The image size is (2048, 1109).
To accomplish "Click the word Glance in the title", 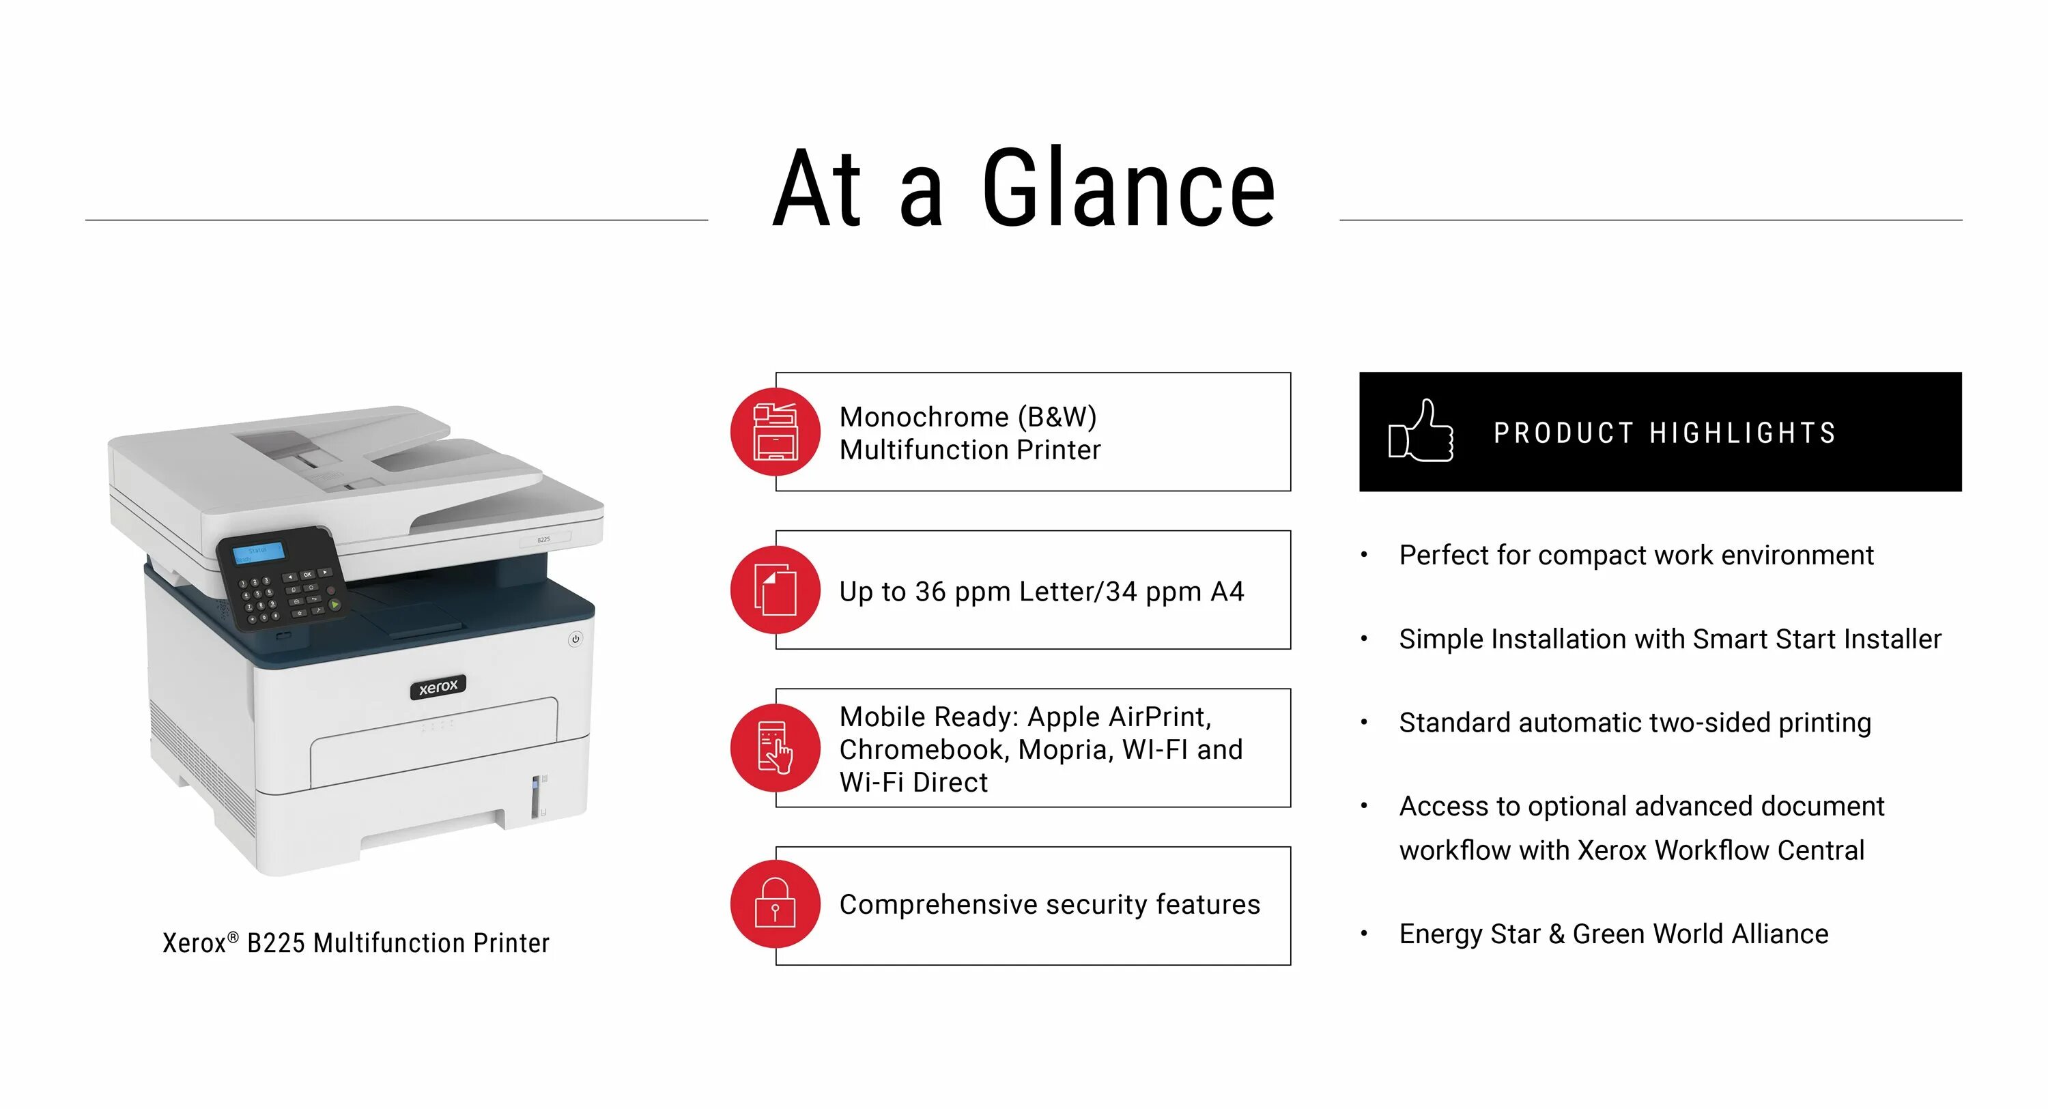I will [1128, 189].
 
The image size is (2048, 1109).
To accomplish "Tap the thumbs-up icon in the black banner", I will [1421, 432].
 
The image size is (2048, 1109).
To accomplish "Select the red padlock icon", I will [775, 905].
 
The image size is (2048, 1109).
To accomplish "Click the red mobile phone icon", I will [775, 747].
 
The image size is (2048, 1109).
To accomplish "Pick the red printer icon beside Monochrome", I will [775, 432].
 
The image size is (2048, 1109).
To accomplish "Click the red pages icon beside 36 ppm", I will [775, 590].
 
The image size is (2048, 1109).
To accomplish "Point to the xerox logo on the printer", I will [438, 686].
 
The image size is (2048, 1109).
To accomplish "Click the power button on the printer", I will [575, 638].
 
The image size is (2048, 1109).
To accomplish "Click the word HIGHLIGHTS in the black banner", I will [1743, 433].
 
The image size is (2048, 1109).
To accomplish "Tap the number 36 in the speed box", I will [930, 592].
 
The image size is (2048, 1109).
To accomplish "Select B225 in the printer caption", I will [275, 943].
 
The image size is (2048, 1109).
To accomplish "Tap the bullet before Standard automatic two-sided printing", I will [1364, 723].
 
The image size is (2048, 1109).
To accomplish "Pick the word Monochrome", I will [924, 416].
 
